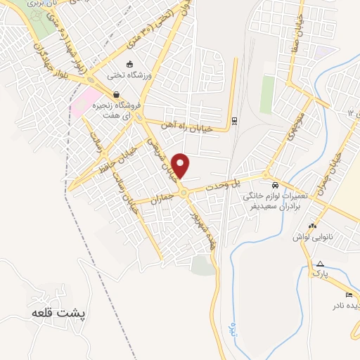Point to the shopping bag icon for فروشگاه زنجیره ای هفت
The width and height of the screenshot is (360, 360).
115,94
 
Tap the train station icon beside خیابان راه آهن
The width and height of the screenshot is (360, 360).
235,120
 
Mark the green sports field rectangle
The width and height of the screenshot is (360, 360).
267,95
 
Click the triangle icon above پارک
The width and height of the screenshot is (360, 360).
320,262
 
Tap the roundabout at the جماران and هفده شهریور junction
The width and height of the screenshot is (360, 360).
183,192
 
